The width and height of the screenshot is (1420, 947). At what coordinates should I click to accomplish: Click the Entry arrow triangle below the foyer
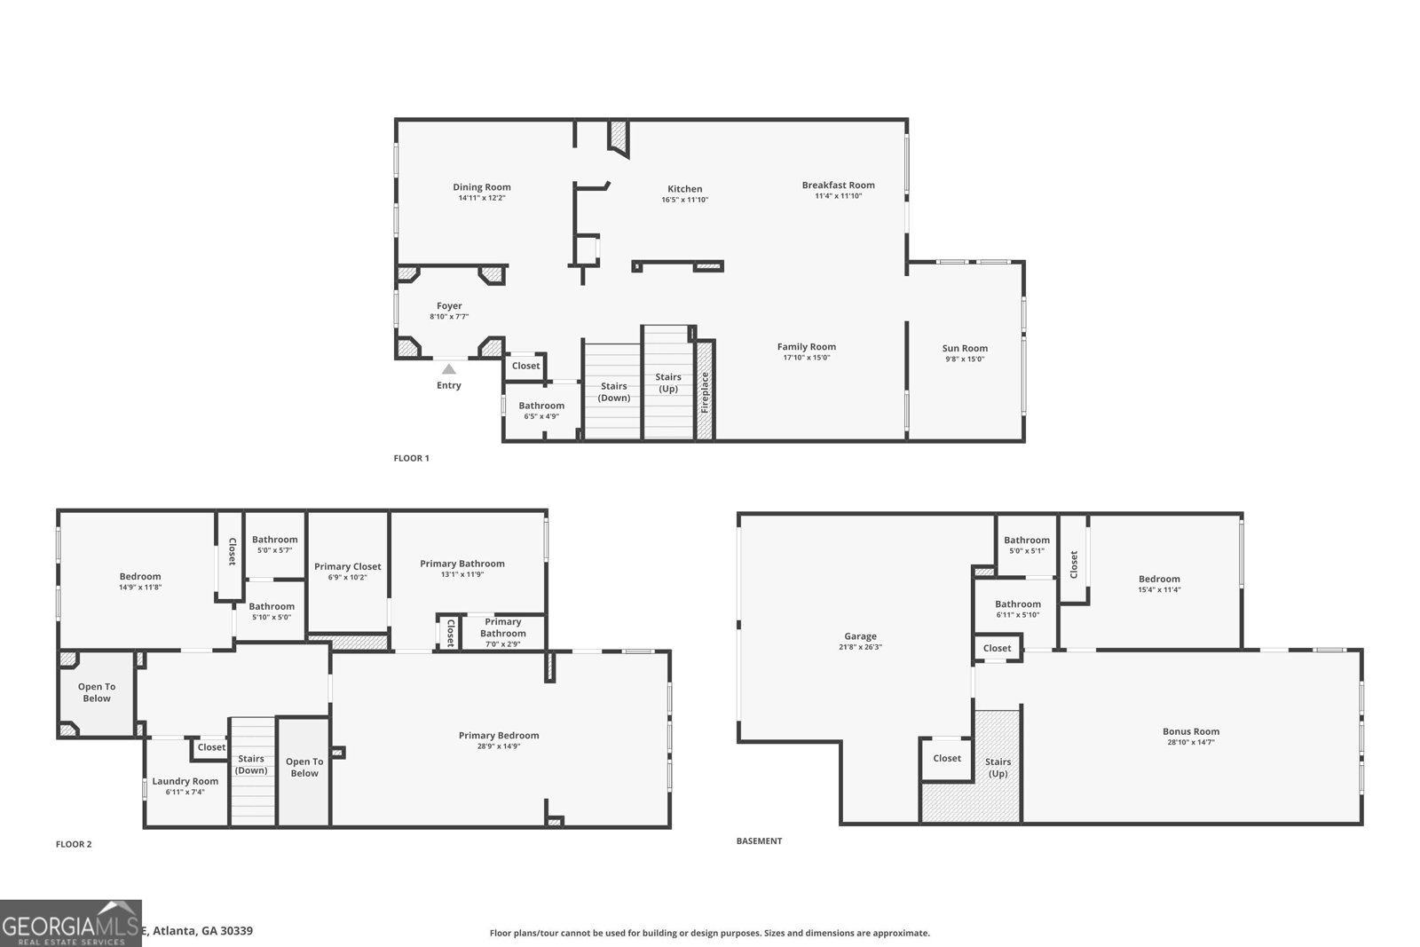click(449, 369)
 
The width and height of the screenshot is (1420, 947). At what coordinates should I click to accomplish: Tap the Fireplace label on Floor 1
click(706, 391)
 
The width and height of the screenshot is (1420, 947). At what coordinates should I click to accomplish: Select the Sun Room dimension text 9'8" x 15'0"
click(964, 359)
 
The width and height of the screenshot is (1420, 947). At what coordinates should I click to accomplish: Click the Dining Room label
click(482, 187)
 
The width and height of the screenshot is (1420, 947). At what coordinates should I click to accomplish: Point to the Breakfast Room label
click(838, 185)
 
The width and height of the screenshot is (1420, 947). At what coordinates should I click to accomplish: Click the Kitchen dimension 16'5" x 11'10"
click(684, 200)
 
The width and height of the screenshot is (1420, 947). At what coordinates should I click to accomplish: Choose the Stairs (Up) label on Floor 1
click(668, 383)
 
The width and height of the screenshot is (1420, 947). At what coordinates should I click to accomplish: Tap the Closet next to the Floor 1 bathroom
click(525, 366)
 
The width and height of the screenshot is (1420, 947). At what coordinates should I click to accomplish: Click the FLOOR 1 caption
click(411, 459)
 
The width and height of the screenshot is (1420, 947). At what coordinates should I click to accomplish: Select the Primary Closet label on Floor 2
click(347, 566)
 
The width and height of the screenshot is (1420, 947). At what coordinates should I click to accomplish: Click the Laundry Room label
click(185, 781)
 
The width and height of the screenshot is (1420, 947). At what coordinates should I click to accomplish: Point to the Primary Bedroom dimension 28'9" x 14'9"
click(498, 746)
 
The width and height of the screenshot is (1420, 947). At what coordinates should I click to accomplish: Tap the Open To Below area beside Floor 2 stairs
click(304, 768)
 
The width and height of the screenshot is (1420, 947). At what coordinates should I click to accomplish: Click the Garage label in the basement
click(860, 636)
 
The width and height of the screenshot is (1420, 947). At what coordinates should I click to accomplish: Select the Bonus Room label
click(1191, 731)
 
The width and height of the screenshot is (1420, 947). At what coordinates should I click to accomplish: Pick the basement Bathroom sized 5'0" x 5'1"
click(1026, 541)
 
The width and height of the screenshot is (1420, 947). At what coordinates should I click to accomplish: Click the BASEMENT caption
click(759, 841)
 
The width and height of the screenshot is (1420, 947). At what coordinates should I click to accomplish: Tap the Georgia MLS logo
click(71, 924)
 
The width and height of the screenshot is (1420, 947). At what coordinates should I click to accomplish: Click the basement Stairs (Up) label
click(998, 767)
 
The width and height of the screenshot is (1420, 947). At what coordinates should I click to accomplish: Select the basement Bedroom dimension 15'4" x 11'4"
click(1159, 590)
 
